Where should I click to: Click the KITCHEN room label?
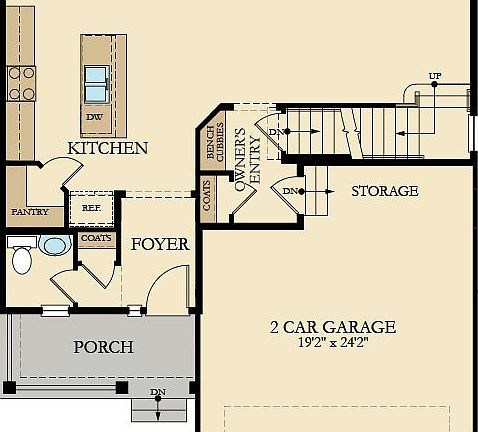click(107, 148)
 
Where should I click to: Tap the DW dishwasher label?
click(94, 117)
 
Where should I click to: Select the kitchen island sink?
click(97, 84)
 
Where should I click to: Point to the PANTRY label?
click(30, 213)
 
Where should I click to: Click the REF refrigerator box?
click(91, 210)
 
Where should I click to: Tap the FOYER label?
click(160, 243)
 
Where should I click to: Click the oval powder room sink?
click(54, 246)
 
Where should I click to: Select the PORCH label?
click(103, 348)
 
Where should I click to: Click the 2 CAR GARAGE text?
click(333, 327)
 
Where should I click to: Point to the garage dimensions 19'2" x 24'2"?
click(333, 343)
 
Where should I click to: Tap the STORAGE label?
click(385, 191)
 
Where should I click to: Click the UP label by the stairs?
click(434, 76)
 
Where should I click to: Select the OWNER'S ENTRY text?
click(246, 159)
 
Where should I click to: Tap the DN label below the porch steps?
click(157, 392)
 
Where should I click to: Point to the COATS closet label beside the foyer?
click(95, 239)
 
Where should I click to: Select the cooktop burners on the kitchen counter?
click(21, 84)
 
